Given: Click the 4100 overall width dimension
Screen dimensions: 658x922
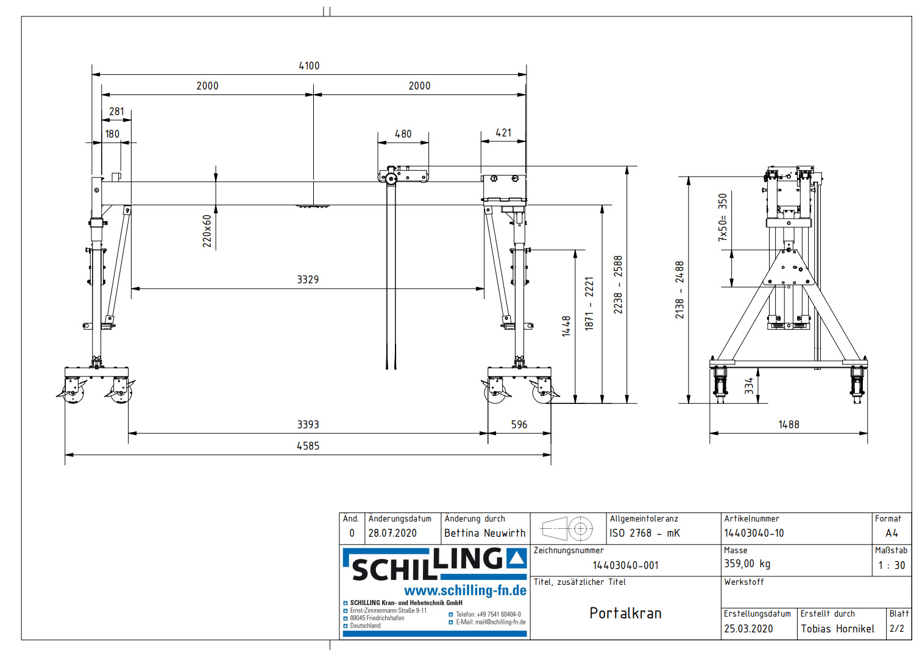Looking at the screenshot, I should click(309, 66).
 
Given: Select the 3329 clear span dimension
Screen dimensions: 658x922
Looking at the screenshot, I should click(308, 280).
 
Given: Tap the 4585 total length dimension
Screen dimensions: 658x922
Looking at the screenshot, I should click(308, 446).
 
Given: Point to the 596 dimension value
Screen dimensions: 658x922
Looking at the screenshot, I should click(519, 425).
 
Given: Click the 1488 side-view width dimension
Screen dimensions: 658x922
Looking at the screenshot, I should click(789, 425).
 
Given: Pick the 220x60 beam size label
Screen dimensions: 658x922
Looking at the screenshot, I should click(207, 231).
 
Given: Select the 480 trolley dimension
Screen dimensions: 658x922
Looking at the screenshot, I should click(403, 134).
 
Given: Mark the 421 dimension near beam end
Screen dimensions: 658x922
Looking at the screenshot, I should click(503, 133).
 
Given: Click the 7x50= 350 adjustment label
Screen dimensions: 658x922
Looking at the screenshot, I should click(723, 218).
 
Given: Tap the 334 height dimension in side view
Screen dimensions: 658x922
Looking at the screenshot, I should click(750, 386).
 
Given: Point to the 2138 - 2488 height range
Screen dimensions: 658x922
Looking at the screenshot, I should click(679, 290).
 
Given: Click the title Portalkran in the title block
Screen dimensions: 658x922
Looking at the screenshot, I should click(625, 614).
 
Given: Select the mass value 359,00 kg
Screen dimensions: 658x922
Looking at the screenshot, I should click(747, 564).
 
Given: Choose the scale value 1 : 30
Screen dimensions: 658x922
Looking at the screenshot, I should click(892, 565).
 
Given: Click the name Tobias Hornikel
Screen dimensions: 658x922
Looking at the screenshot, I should click(837, 629).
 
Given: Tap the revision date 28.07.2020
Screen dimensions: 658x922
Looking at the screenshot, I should click(392, 533).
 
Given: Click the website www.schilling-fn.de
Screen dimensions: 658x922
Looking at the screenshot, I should click(465, 590).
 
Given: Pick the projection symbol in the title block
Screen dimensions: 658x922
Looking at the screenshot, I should click(567, 529).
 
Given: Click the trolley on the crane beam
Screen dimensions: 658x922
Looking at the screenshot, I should click(403, 175).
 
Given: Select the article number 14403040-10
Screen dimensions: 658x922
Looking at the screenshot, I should click(754, 533).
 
